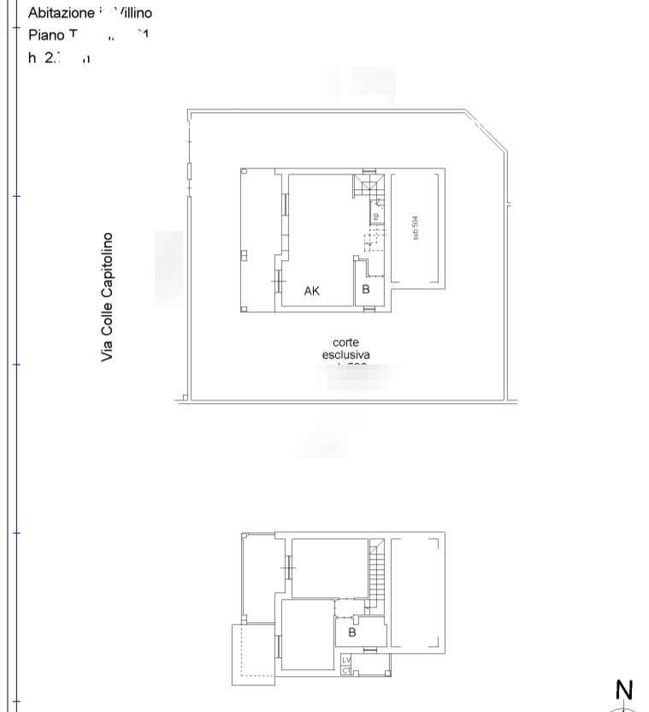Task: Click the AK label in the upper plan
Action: coord(312,291)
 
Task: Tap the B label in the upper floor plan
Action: coord(366,289)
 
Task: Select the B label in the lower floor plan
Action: coord(351,633)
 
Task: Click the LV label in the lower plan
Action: coord(346,661)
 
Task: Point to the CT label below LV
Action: coord(346,671)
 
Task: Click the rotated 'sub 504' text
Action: coord(416,227)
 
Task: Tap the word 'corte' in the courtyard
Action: coord(346,342)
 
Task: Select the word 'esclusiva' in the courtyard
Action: coord(346,355)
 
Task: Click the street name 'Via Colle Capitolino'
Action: coord(108,296)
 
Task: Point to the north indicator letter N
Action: coord(624,690)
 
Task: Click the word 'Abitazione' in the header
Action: coord(61,14)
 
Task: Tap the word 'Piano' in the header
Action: coord(45,35)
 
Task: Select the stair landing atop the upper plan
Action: coord(370,187)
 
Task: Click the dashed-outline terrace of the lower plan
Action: coord(254,655)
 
